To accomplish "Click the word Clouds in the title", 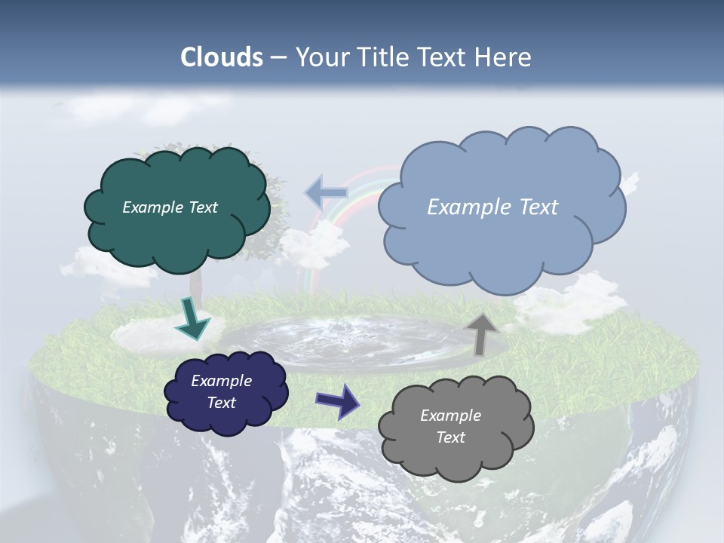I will coord(222,57).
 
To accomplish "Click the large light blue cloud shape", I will coord(501,241).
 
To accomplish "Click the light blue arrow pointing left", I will coord(327,193).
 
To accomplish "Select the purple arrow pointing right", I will coord(337,400).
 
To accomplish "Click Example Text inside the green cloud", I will coord(170,207).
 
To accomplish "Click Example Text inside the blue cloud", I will coord(492,207).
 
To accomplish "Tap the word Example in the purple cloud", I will coord(221,381).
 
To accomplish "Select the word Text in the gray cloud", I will coord(450,437).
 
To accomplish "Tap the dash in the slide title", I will coord(278,58).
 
